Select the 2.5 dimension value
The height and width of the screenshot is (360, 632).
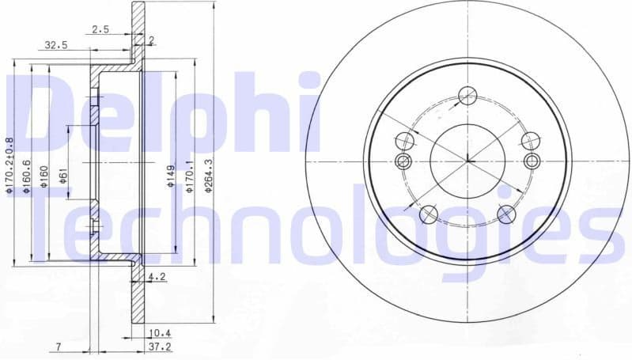click(100, 30)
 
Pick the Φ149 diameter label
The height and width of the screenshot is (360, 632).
click(170, 176)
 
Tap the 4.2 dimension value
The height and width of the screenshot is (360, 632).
click(157, 277)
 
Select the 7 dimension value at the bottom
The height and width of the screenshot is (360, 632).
click(59, 347)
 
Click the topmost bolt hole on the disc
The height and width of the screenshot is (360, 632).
click(467, 95)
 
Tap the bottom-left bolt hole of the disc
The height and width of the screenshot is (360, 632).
click(428, 213)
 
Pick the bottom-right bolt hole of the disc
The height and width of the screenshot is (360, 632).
click(506, 213)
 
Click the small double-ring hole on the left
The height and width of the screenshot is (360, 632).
click(403, 161)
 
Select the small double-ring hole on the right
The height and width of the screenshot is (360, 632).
click(532, 161)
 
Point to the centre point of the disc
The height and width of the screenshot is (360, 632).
click(467, 161)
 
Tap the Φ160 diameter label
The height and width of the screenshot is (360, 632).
click(44, 174)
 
